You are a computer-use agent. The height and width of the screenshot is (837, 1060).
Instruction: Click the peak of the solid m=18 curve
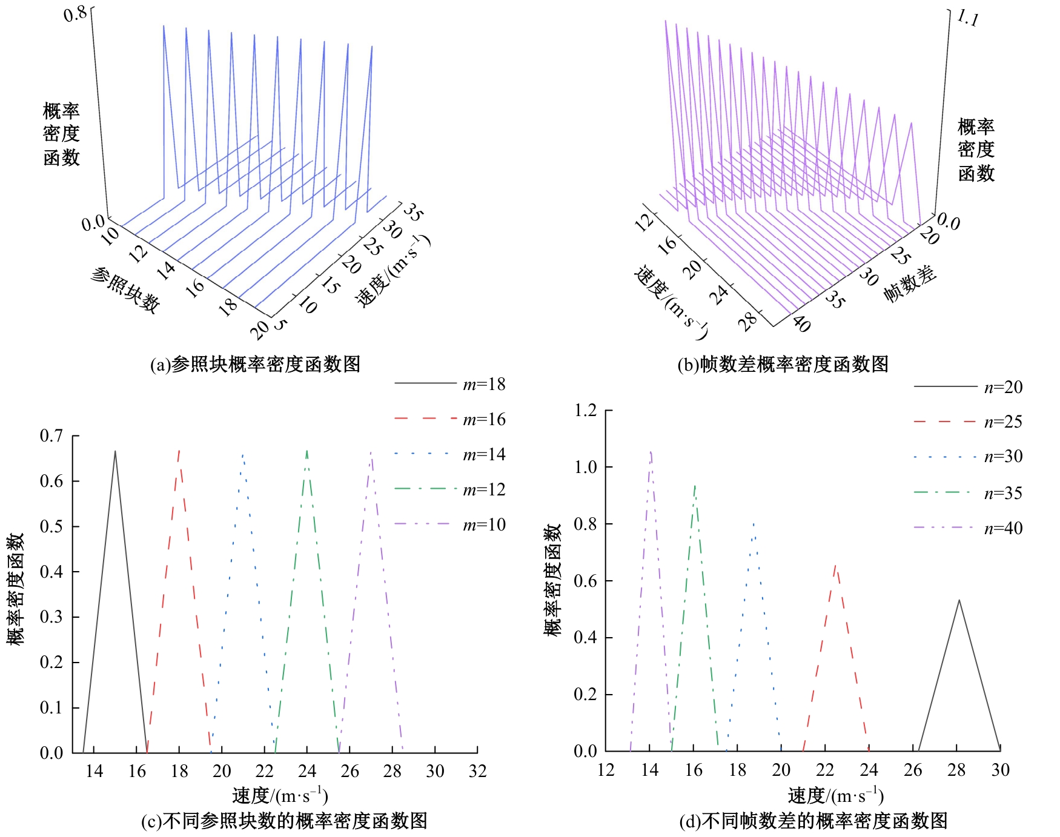pos(115,451)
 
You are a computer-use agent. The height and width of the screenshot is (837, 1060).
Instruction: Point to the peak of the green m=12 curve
pos(307,451)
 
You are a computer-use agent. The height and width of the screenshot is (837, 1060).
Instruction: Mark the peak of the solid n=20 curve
pos(959,600)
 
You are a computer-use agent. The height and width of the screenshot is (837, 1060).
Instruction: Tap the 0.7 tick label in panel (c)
pos(51,436)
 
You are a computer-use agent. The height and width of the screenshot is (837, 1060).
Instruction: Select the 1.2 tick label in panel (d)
pos(585,411)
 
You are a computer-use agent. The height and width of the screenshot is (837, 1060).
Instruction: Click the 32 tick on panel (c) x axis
pos(477,771)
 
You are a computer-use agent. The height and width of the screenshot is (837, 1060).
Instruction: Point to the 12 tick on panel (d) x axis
pos(606,770)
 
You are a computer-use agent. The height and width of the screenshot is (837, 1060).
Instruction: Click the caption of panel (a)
pos(255,365)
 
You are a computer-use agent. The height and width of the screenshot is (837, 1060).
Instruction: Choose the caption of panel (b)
pos(783,365)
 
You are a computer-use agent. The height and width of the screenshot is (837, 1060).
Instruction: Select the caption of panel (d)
pos(813,821)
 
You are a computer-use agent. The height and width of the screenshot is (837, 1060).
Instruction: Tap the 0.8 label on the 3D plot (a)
pos(76,14)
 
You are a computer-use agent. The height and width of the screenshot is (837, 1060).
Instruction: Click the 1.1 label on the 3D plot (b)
pos(968,18)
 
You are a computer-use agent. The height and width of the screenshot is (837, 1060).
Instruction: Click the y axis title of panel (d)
pos(553,580)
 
